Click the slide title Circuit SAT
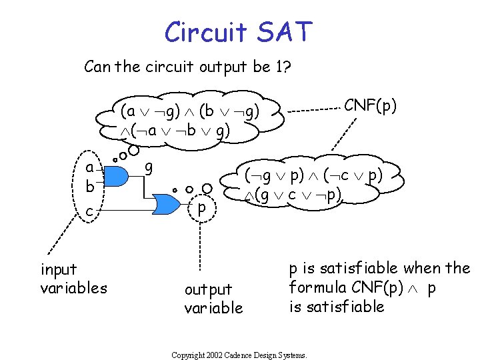(x=239, y=31)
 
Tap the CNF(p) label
(x=371, y=105)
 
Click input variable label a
(x=89, y=167)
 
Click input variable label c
(x=89, y=211)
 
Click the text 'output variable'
(x=213, y=298)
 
